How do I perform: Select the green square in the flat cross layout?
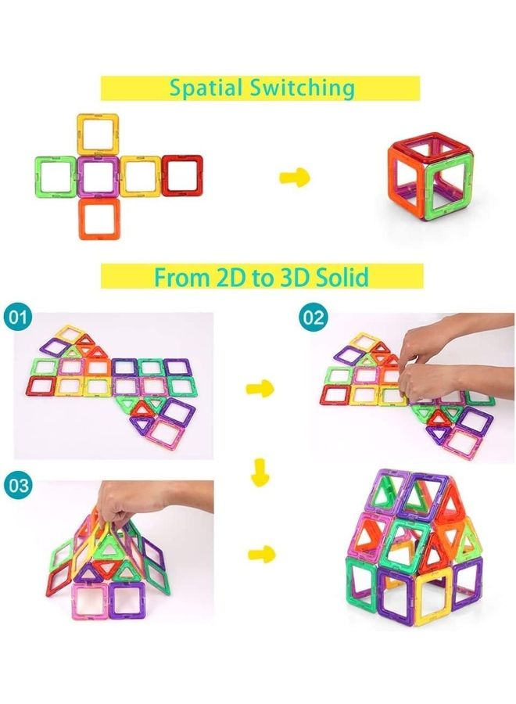tap(56, 175)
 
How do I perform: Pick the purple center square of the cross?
tap(99, 175)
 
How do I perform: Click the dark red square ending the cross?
tap(182, 175)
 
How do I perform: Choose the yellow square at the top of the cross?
tap(99, 134)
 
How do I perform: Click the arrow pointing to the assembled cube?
tap(295, 178)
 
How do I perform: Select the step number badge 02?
tap(314, 318)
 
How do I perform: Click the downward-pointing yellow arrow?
tap(260, 472)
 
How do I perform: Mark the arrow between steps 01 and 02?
tap(260, 387)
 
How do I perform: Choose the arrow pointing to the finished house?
tap(262, 555)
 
